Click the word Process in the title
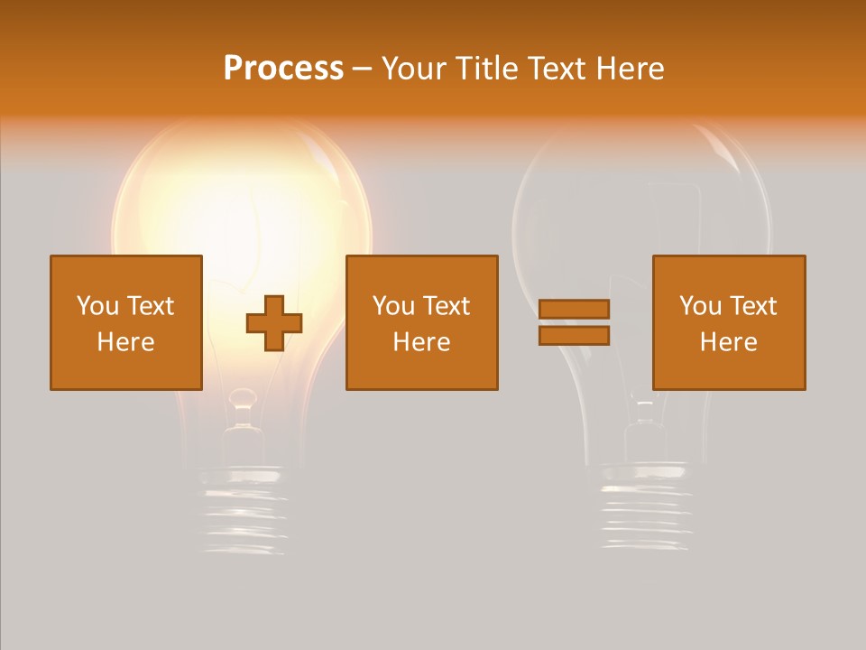pos(283,69)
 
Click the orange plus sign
pos(274,323)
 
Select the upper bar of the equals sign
pos(574,309)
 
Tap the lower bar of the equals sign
pos(574,335)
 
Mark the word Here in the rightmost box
pos(729,342)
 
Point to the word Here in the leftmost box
pos(126,342)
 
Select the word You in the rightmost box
pos(699,306)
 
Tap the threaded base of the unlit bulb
pos(644,510)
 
